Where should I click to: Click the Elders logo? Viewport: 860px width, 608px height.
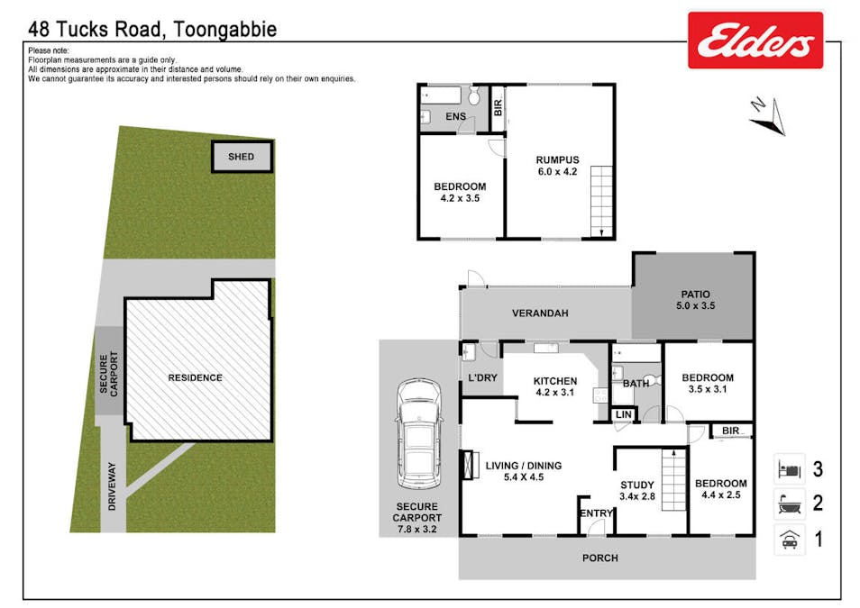click(755, 40)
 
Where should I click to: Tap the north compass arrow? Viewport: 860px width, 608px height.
click(770, 118)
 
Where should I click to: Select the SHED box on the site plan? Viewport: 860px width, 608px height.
click(242, 157)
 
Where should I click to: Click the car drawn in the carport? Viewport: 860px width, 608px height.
click(418, 433)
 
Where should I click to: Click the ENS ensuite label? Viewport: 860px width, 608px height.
click(456, 116)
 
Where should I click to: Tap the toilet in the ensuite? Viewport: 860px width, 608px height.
click(474, 96)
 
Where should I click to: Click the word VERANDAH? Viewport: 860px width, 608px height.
click(540, 313)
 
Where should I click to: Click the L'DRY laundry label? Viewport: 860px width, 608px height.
click(482, 377)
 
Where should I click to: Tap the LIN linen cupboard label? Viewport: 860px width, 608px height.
click(624, 414)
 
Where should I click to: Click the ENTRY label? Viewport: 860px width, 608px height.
click(596, 513)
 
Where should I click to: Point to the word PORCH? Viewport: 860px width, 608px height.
click(600, 558)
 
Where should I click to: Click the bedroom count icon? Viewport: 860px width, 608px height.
click(790, 468)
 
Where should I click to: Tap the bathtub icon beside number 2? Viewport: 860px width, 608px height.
click(790, 504)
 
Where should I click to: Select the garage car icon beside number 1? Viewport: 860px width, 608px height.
click(790, 540)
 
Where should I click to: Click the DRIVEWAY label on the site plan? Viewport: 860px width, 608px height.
click(113, 486)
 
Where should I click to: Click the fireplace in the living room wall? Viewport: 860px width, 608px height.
click(466, 465)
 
